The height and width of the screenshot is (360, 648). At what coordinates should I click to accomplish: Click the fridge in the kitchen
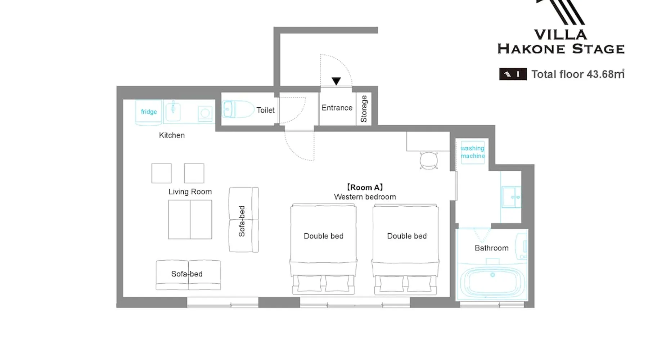click(148, 112)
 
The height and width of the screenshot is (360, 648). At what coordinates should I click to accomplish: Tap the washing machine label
click(473, 152)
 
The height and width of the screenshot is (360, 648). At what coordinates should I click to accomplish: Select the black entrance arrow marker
click(336, 81)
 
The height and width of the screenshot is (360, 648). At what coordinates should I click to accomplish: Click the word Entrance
click(337, 108)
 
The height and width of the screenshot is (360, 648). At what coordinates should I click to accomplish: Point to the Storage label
click(364, 109)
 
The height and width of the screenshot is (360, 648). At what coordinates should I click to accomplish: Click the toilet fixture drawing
click(238, 109)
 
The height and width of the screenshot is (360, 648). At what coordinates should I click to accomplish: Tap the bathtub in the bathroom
click(492, 283)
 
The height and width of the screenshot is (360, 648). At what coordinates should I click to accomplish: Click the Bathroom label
click(491, 248)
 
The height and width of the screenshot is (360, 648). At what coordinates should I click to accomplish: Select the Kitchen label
click(172, 135)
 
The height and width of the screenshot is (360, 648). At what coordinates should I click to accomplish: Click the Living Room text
click(190, 192)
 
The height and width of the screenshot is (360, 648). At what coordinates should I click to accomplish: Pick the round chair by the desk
click(429, 161)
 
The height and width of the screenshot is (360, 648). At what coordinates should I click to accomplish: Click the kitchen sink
click(173, 111)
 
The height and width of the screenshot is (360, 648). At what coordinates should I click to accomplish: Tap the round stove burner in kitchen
click(205, 113)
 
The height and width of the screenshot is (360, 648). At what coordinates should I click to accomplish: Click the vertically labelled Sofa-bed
click(244, 220)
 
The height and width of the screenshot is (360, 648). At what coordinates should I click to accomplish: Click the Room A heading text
click(365, 187)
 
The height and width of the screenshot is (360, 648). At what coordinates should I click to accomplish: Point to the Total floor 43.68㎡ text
click(578, 74)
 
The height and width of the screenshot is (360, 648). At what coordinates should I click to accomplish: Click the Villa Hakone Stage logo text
click(561, 42)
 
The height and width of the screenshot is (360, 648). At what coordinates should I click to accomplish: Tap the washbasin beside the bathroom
click(511, 197)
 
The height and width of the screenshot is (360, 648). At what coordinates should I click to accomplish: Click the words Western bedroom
click(365, 197)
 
